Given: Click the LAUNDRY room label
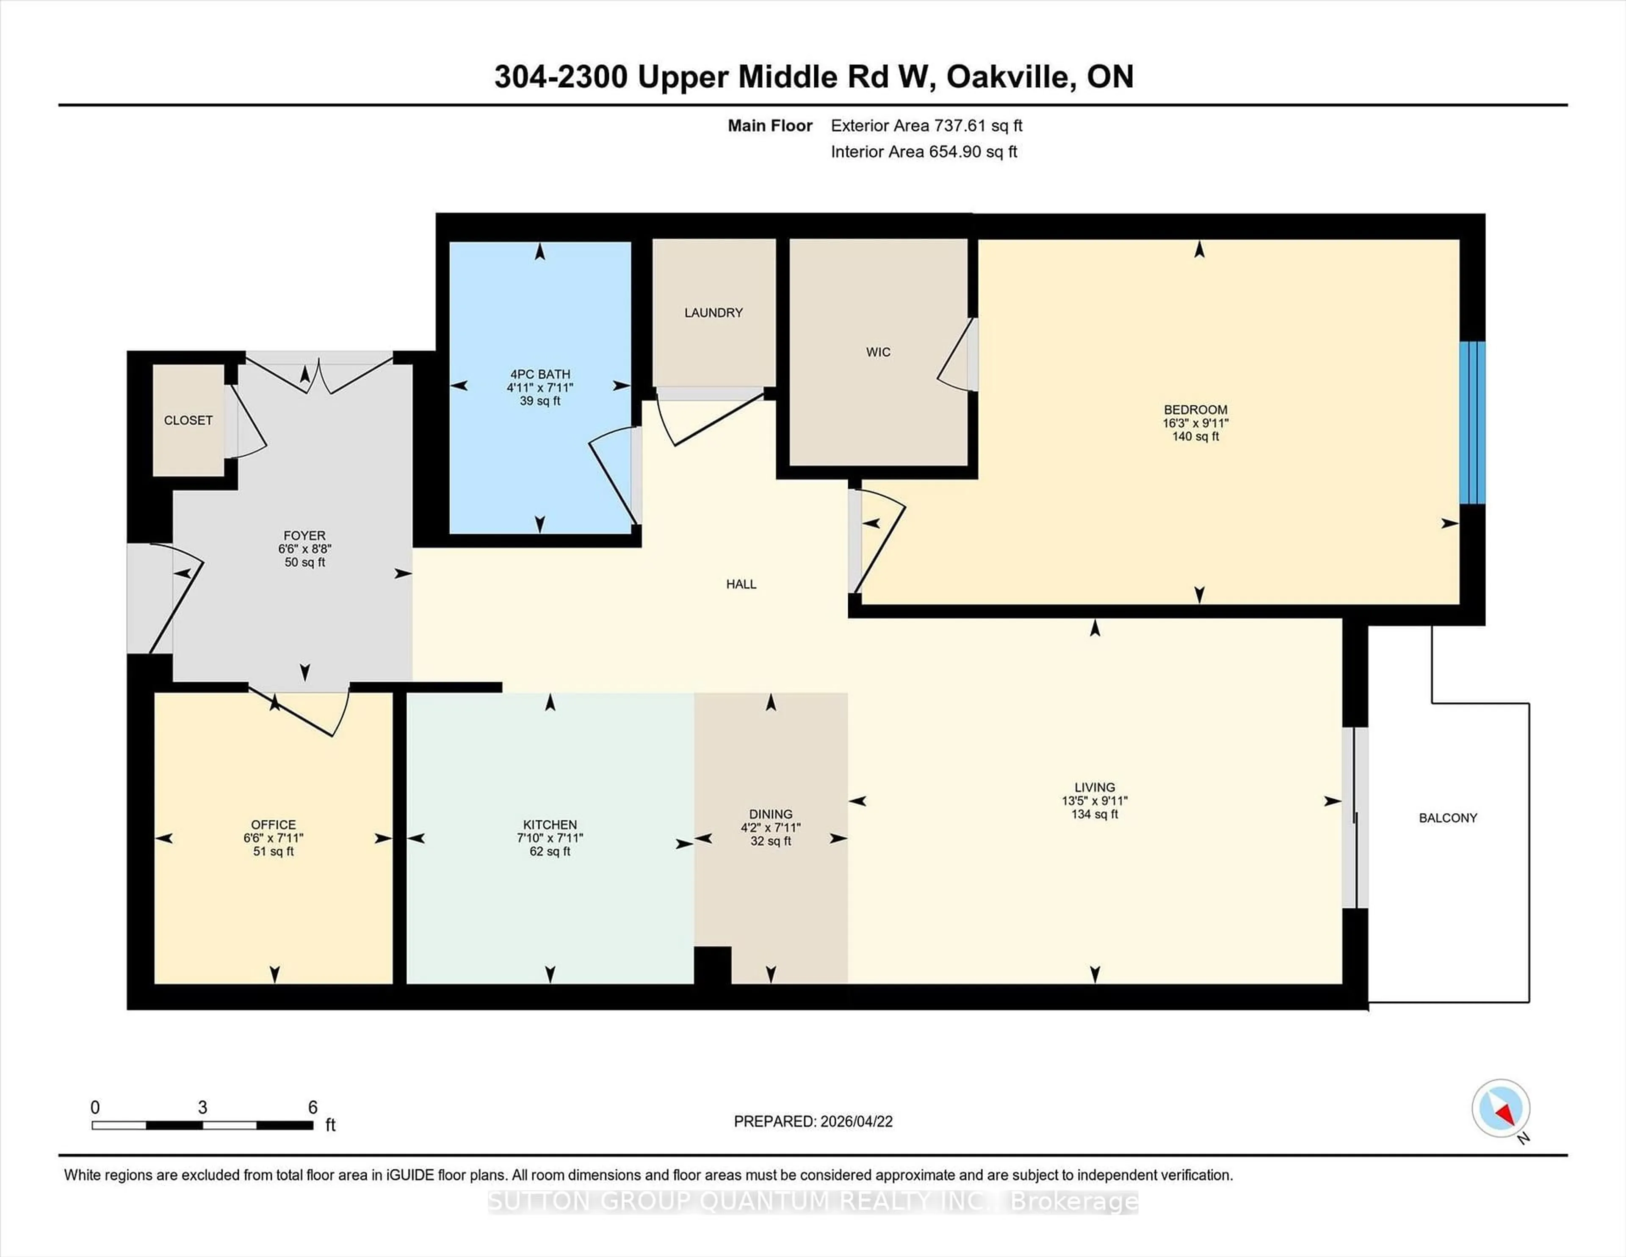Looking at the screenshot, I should pos(713,313).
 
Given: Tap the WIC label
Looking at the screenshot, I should pos(878,352).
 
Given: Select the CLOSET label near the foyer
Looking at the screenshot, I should pos(188,421).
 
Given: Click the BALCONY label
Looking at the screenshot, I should pos(1447,818).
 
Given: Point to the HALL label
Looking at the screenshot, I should pos(741,584).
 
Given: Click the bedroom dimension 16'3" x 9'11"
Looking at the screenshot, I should pos(1195,423).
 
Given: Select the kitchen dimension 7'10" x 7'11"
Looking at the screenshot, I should pos(550,838).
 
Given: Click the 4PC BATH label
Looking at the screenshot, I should pos(540,374).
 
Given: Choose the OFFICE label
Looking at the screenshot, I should pos(273,824).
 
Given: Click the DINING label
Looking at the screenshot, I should pos(771,814).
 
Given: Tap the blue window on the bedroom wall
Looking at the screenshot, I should pos(1472,423).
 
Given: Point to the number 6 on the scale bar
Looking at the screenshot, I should pos(312,1107).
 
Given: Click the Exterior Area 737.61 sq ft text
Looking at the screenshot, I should pos(926,126).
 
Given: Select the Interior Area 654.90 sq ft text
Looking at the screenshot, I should pos(923,152).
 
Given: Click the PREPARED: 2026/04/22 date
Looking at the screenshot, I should pos(813,1121).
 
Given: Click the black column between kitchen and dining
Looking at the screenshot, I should pos(713,965).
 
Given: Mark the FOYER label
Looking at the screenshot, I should pos(304,535).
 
